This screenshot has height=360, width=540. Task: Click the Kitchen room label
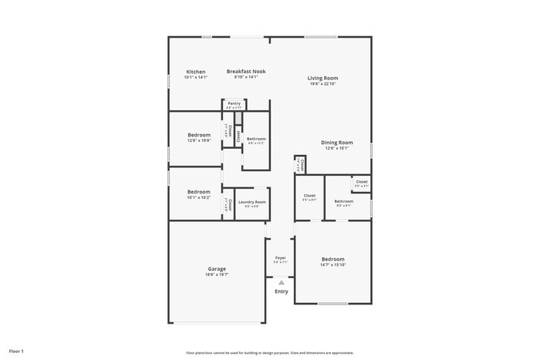[195, 72]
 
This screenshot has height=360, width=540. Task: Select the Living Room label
[322, 78]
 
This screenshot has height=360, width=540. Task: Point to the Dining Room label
[336, 142]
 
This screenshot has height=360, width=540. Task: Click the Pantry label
[234, 103]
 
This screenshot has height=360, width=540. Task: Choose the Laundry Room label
[251, 202]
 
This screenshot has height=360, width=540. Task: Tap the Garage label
[216, 268]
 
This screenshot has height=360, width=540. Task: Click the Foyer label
[280, 257]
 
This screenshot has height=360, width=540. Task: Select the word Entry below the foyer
[281, 291]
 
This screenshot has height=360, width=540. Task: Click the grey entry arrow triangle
[281, 283]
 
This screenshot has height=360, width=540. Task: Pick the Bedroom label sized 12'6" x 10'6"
[198, 134]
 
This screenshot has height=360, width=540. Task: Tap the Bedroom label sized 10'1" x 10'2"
[198, 191]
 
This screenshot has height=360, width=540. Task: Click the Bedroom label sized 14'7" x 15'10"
[333, 259]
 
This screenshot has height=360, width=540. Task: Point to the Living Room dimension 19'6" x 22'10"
[322, 84]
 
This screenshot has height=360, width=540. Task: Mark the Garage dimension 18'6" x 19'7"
[216, 274]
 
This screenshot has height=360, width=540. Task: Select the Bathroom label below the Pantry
[256, 139]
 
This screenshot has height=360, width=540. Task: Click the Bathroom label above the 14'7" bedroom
[343, 201]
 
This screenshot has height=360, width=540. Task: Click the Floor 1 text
[17, 351]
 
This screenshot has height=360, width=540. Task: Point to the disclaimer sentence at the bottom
[269, 352]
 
